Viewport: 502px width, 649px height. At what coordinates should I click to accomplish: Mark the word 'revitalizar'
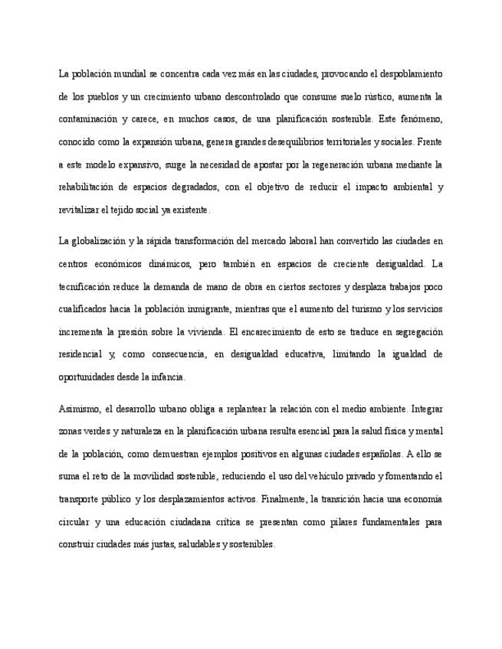(x=78, y=209)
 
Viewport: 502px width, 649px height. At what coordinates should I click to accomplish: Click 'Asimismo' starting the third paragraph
(x=77, y=409)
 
